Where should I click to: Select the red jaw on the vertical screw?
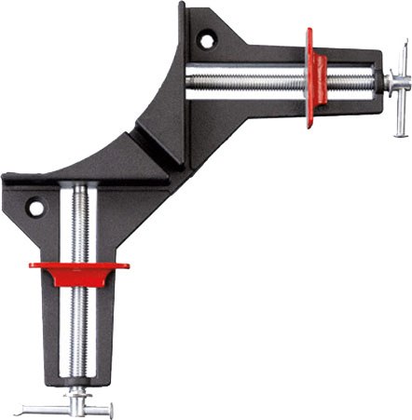coord(78,271)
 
